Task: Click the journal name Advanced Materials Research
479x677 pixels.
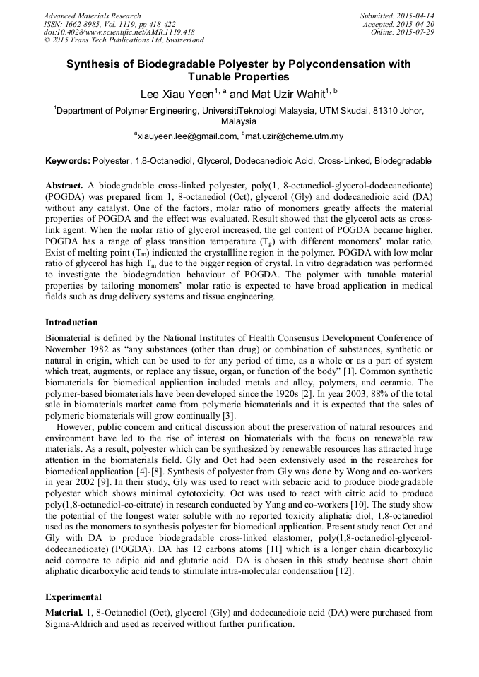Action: (x=92, y=16)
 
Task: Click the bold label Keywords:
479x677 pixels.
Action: (x=68, y=161)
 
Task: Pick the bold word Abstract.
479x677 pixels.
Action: (x=65, y=185)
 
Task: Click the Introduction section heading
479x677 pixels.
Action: (x=71, y=323)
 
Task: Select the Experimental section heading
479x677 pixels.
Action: (x=73, y=597)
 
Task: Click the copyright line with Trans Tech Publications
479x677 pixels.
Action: (x=124, y=41)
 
